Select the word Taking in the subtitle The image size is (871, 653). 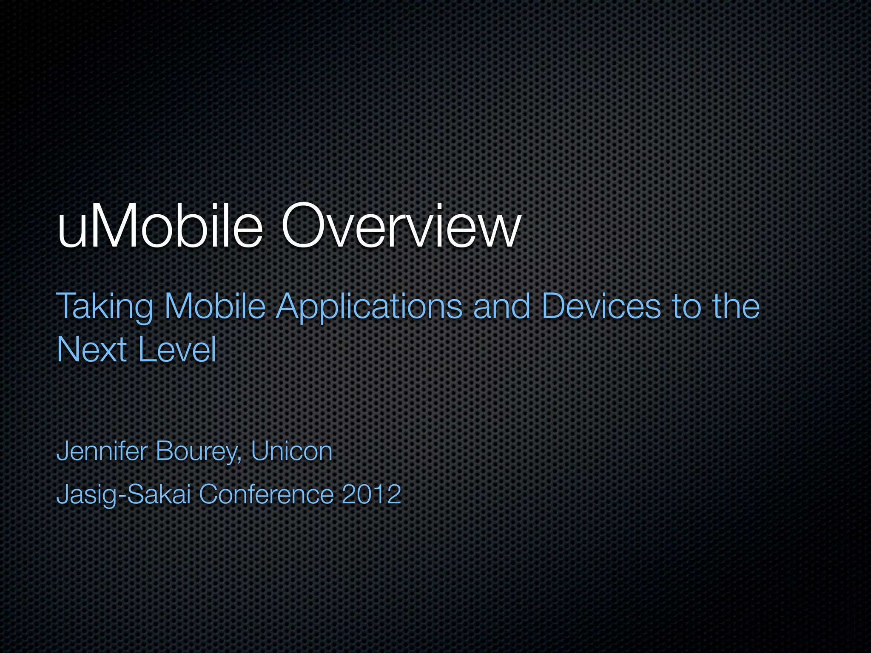coord(104,307)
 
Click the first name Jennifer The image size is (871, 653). coord(102,451)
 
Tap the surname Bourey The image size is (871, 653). coord(196,452)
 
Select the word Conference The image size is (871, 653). coord(266,494)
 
